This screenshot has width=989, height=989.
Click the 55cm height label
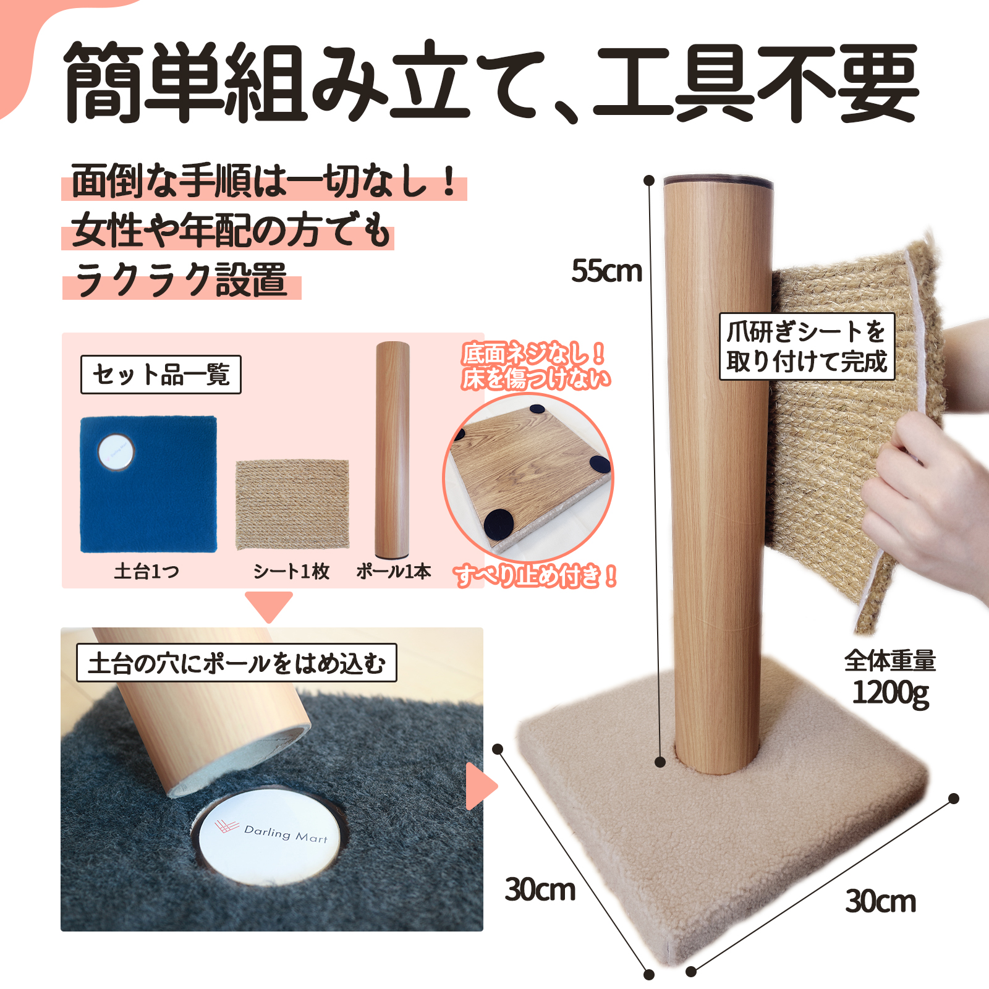pyautogui.click(x=606, y=271)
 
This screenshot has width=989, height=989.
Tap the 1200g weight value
pyautogui.click(x=891, y=692)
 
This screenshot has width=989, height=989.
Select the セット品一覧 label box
pyautogui.click(x=161, y=375)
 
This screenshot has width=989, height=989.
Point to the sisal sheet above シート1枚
pyautogui.click(x=292, y=504)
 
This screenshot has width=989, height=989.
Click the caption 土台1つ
pyautogui.click(x=146, y=571)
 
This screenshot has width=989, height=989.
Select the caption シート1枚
pyautogui.click(x=291, y=571)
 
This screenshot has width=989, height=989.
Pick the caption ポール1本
pyautogui.click(x=394, y=571)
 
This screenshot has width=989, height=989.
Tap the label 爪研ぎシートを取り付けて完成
pyautogui.click(x=807, y=347)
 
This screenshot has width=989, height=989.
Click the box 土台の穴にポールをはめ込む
pyautogui.click(x=236, y=663)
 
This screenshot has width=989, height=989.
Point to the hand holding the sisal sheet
pyautogui.click(x=927, y=494)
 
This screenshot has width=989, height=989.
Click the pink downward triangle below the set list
pyautogui.click(x=269, y=606)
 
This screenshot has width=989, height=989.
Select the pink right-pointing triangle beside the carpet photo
pyautogui.click(x=480, y=786)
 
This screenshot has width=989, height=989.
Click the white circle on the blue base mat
pyautogui.click(x=116, y=451)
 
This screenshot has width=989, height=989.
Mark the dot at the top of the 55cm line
pyautogui.click(x=649, y=180)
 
